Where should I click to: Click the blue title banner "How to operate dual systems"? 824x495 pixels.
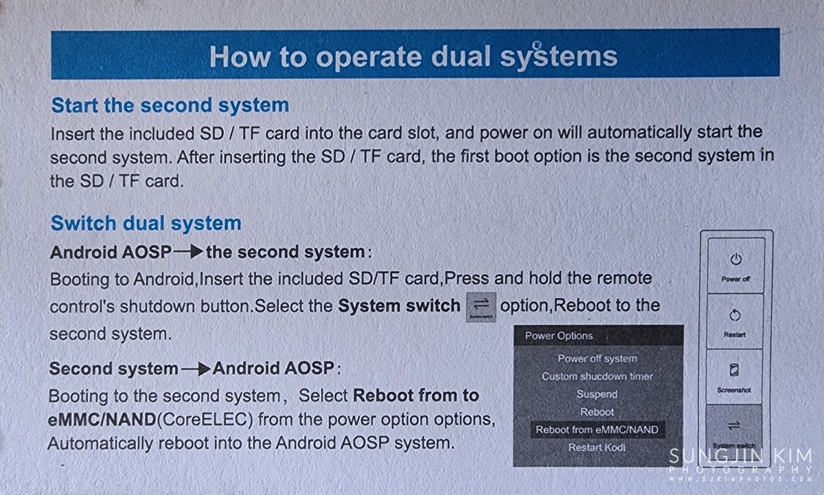(415, 54)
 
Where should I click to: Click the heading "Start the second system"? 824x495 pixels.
(170, 106)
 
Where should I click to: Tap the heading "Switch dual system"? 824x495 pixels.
(146, 223)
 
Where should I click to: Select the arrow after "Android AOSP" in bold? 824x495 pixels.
(188, 252)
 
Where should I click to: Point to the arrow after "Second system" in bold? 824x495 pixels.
(196, 369)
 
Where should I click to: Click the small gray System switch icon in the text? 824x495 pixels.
(481, 307)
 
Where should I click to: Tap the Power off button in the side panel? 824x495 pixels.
(735, 266)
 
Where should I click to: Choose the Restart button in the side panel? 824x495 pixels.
(735, 321)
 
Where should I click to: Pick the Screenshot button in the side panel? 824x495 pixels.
(734, 377)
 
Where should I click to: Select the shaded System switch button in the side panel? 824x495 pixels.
(733, 431)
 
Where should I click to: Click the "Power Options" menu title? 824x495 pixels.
(559, 336)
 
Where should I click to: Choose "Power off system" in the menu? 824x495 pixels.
(597, 358)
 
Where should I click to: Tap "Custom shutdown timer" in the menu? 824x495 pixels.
(597, 377)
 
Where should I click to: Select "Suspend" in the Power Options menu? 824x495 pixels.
(597, 394)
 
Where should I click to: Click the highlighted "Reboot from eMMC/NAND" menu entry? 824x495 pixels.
(597, 430)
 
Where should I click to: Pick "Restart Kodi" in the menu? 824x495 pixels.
(597, 448)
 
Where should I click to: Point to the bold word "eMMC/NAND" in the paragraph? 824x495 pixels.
(102, 419)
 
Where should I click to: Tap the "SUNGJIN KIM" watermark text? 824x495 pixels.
(740, 457)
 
